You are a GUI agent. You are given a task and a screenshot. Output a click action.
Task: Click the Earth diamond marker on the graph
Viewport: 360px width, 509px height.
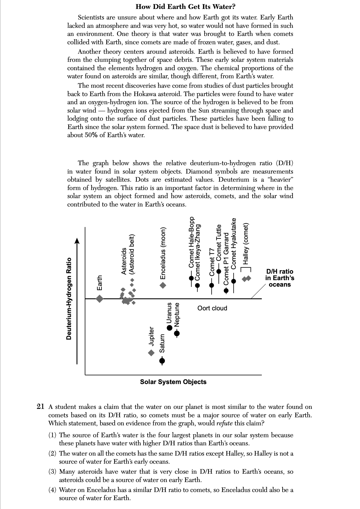tap(100, 298)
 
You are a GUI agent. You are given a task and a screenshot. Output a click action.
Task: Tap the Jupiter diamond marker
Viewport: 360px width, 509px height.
tap(151, 352)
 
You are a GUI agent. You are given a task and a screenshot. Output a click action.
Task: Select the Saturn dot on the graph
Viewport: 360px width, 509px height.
tap(162, 360)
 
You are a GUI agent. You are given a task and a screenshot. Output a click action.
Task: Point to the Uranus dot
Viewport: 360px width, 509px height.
tap(170, 328)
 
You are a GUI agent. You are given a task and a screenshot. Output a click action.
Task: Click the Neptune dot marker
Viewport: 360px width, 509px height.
tap(177, 333)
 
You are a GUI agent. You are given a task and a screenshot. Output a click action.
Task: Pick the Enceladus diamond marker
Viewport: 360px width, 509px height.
tap(163, 285)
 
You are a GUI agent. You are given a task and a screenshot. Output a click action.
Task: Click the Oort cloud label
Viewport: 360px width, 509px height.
tap(212, 308)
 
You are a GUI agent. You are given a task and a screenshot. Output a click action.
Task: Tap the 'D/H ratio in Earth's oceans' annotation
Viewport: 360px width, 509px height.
tap(280, 278)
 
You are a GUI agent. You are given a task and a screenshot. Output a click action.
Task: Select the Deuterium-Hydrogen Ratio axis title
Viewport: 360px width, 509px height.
tap(69, 299)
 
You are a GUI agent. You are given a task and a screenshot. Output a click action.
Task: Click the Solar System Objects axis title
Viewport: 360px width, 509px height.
tap(173, 382)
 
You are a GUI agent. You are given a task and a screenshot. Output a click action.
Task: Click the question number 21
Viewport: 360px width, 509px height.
tap(40, 407)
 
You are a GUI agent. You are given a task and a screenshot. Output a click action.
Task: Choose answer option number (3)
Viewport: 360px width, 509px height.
tap(52, 472)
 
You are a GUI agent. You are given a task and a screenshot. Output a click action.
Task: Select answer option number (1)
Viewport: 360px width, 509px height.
tap(52, 435)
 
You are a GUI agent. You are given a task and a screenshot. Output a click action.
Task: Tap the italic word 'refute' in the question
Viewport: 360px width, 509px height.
tap(225, 423)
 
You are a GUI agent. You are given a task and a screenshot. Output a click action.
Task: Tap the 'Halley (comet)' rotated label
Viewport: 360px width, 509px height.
tap(246, 244)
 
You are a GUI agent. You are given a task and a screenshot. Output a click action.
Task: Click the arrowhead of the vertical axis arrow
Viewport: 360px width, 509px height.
tap(77, 240)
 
